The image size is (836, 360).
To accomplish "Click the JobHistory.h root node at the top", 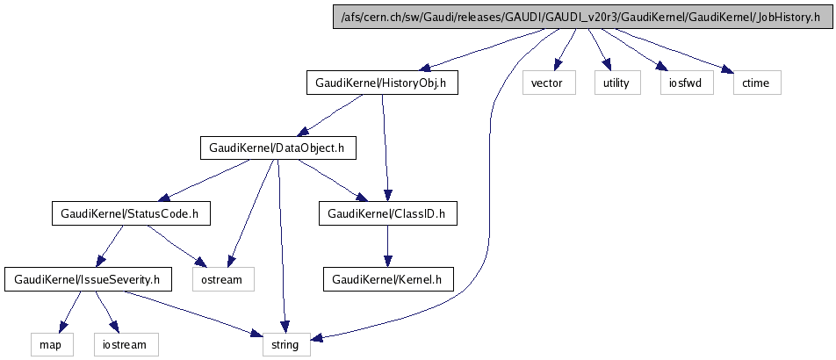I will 580,17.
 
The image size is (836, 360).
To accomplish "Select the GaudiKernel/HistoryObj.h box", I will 382,83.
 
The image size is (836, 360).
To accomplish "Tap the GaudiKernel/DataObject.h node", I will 277,148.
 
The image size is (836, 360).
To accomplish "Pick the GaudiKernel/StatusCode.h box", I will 131,213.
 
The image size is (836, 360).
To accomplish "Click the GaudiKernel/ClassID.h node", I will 387,213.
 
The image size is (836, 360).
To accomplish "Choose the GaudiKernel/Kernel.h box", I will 387,280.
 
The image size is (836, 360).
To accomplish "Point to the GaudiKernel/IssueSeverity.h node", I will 88,280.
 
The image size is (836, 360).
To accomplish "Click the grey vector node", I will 549,83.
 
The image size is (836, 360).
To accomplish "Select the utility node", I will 615,83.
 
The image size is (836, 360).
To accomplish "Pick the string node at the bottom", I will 285,345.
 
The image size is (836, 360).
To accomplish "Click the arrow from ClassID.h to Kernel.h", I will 387,247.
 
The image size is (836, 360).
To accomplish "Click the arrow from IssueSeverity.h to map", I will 69,313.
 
